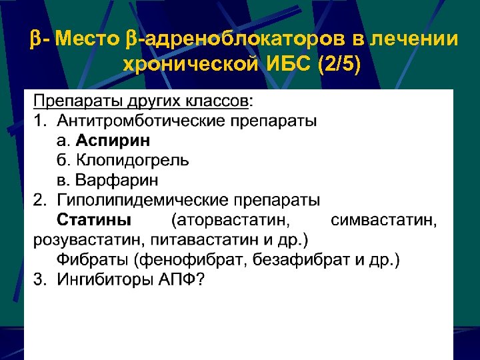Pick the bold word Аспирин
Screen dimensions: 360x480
coord(113,141)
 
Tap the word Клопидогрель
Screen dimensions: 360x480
coord(133,161)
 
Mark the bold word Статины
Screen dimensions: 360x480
coord(94,220)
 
